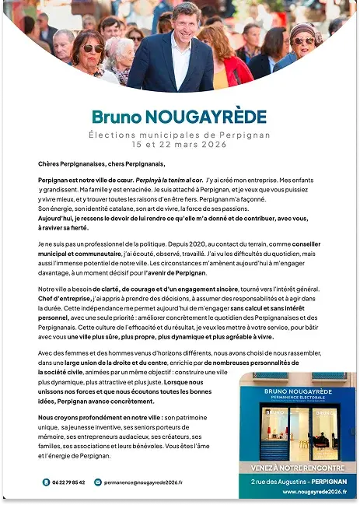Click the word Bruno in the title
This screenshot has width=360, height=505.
114,117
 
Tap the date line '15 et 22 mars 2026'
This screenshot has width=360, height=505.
180,145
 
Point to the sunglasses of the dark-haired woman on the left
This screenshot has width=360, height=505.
93,48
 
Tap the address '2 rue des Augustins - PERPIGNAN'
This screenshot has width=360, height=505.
298,482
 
